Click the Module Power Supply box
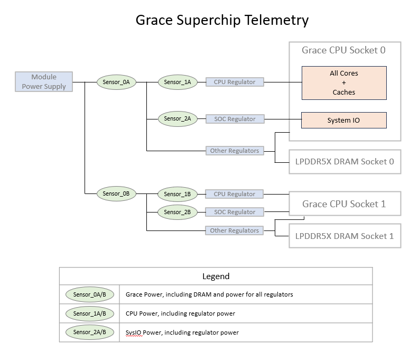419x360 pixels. pos(44,82)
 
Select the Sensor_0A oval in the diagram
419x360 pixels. pos(116,82)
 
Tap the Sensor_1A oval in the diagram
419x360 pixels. pos(178,82)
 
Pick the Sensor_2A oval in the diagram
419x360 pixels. pos(178,119)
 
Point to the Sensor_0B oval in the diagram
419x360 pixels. pos(116,194)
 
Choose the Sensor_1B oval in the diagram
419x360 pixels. pos(178,194)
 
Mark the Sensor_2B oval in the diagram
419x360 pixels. pos(178,212)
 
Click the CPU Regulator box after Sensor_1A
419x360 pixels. pos(234,82)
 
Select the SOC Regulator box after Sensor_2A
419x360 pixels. pos(234,119)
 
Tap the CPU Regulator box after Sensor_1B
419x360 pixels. pos(234,194)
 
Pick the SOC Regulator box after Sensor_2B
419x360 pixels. pos(234,212)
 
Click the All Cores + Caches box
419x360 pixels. pos(344,83)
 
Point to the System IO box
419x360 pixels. pos(344,120)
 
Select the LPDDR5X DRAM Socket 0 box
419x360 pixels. pos(344,162)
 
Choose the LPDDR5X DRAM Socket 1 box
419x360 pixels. pos(344,236)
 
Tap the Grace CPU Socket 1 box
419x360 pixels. pos(344,204)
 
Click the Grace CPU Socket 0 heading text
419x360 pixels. pos(344,51)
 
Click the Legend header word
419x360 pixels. pos(216,276)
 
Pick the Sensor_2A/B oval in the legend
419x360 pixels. pos(89,332)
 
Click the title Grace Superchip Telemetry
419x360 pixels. pos(222,20)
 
